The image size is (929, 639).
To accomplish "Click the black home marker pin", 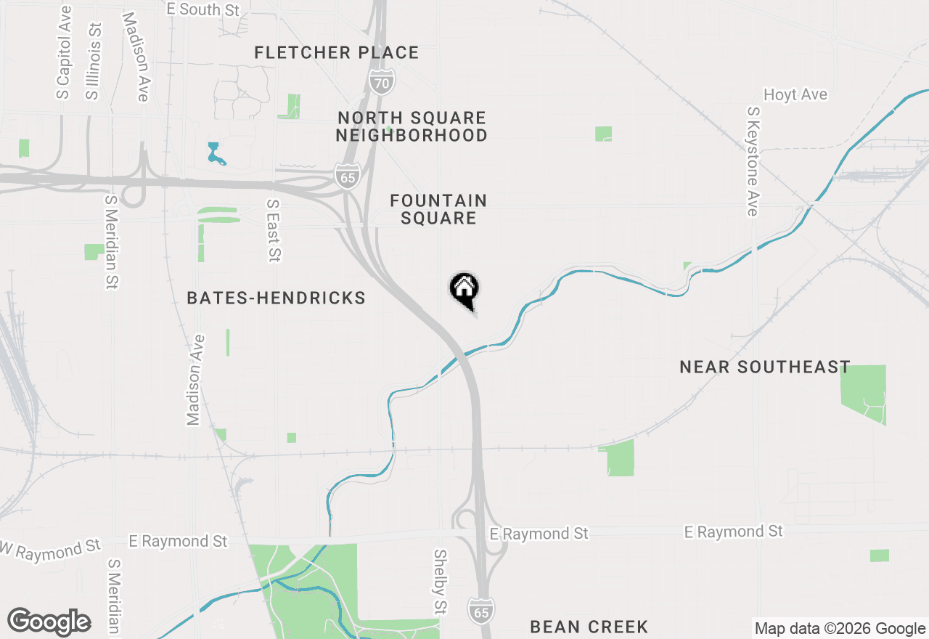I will click(x=464, y=290).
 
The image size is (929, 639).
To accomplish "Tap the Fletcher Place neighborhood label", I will click(x=337, y=52).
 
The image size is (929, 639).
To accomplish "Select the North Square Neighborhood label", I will click(x=412, y=126).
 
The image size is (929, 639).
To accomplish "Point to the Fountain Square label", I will click(x=438, y=209).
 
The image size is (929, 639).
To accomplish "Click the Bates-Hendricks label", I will click(x=276, y=298).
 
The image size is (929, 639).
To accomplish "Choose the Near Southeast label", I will click(x=765, y=367).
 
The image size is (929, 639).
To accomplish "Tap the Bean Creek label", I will click(x=589, y=627).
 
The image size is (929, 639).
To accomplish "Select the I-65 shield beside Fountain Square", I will click(x=348, y=176).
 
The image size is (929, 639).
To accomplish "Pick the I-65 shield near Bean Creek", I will click(x=481, y=609).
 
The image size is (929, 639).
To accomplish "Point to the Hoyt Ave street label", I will click(x=795, y=95).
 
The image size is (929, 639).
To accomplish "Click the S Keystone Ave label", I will click(x=753, y=161).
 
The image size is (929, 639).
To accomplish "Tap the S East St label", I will click(x=273, y=230).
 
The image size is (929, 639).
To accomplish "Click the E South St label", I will click(x=202, y=9).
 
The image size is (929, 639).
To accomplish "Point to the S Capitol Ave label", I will click(x=64, y=52).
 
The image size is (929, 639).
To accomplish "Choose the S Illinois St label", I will click(x=93, y=60).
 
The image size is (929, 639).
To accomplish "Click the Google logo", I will click(x=49, y=622).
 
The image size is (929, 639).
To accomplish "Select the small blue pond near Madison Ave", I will click(x=214, y=153).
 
